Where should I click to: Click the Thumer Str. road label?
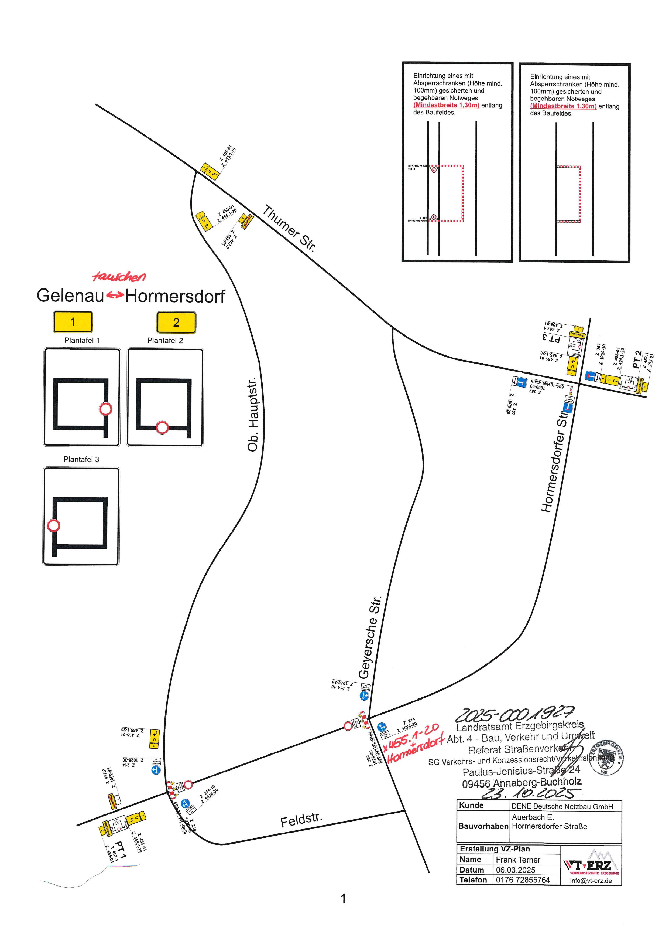coord(289,228)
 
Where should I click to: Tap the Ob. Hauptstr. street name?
coord(253,414)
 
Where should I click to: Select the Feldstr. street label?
coord(301,819)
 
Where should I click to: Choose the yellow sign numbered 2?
coord(176,322)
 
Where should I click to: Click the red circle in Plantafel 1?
coord(105,409)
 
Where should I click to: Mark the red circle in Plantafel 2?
coord(162,427)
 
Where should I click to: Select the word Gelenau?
coord(70,295)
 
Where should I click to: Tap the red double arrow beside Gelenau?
coord(115,295)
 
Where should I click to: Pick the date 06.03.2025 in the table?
coord(515,870)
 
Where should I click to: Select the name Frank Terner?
coord(518,860)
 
